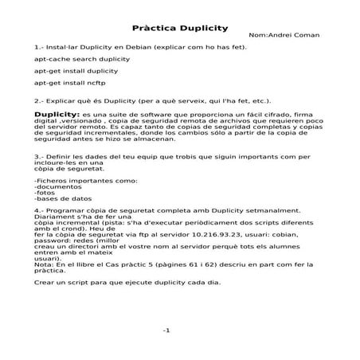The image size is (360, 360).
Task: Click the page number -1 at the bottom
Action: (167, 330)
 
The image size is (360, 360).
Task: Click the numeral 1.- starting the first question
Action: (40, 46)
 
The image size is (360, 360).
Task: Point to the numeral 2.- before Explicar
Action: (40, 101)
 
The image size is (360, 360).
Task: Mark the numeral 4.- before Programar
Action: (40, 231)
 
